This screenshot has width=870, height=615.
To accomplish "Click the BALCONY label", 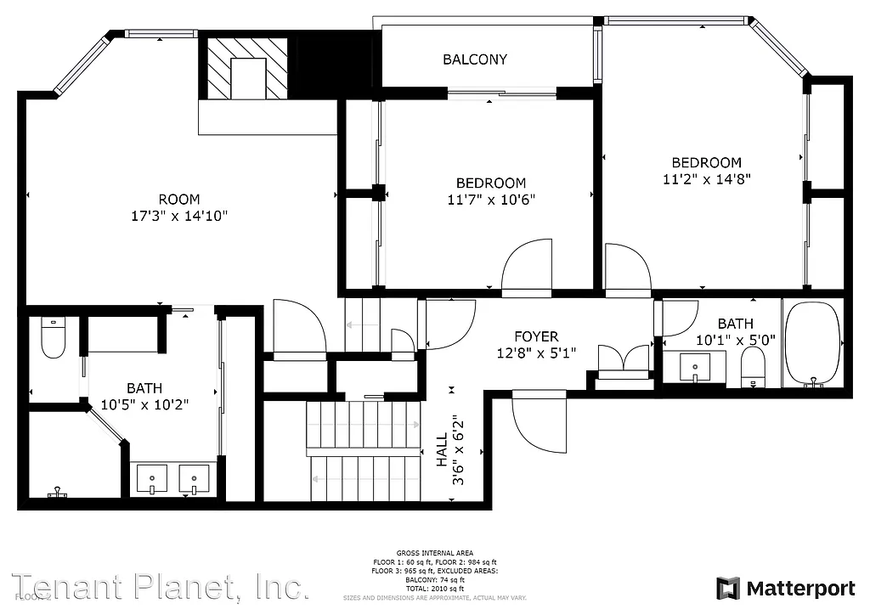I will [475, 59].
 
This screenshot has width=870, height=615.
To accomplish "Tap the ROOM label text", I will [179, 200].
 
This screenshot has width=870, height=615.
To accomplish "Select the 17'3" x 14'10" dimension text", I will [179, 216].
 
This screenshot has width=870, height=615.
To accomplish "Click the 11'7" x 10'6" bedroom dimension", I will [491, 200].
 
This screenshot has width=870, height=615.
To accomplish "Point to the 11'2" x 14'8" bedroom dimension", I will [706, 179].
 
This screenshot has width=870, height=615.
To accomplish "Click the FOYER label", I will [536, 337].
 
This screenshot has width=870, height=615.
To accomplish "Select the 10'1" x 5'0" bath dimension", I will [735, 341].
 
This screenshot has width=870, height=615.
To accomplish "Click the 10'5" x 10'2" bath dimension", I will [144, 405].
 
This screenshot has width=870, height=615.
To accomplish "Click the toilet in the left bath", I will [53, 337].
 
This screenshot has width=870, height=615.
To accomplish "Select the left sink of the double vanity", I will [152, 478].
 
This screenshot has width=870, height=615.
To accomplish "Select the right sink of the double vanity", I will [195, 478].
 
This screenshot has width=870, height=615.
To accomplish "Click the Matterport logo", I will [786, 588].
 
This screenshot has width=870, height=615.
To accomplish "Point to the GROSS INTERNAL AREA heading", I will [435, 553].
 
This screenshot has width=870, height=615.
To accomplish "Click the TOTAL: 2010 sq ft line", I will [435, 588].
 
